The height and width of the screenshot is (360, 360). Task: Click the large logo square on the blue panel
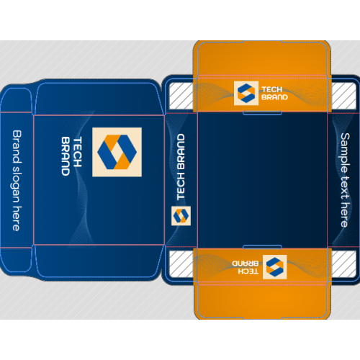coord(117,152)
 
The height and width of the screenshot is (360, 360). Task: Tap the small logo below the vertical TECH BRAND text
coord(181,216)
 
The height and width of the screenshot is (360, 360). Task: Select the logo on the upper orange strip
coord(246,93)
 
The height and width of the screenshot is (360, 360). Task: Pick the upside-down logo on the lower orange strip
coord(275,267)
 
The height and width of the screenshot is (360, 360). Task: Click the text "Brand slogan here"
coord(17,181)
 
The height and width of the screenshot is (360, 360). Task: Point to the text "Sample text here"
coord(346,180)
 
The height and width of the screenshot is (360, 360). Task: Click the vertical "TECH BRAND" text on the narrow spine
coord(181,167)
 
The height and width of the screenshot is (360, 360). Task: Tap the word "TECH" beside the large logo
coord(77,152)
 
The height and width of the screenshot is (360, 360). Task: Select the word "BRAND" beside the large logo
coord(66,156)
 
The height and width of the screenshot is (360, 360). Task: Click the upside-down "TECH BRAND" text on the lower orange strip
coord(246,267)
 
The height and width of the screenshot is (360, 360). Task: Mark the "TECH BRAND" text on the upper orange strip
coord(274,93)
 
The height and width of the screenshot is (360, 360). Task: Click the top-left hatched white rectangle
coord(181,96)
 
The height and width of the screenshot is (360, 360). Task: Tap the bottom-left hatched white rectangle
coord(181,264)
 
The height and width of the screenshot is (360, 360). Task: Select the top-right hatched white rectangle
coord(344,96)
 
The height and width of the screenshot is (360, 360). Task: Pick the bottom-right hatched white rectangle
coord(344,264)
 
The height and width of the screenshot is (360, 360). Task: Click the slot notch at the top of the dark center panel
coord(262,113)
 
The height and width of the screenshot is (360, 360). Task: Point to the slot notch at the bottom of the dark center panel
coord(262,247)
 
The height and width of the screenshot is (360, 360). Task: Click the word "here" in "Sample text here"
coord(345,215)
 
